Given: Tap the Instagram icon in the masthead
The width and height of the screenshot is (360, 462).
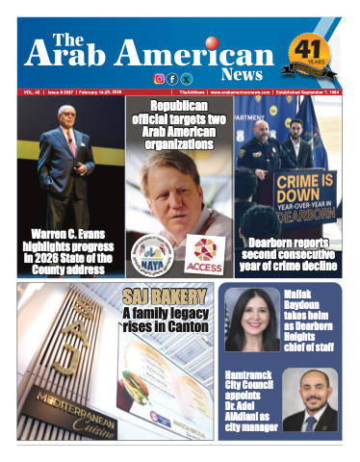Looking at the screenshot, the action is coord(160,79).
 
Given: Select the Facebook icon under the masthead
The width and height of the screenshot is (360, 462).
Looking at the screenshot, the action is coord(172,79).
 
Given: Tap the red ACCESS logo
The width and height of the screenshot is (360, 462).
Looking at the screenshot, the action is coord(204,252).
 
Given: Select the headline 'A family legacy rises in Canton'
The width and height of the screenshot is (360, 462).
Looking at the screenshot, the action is coord(166,321).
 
